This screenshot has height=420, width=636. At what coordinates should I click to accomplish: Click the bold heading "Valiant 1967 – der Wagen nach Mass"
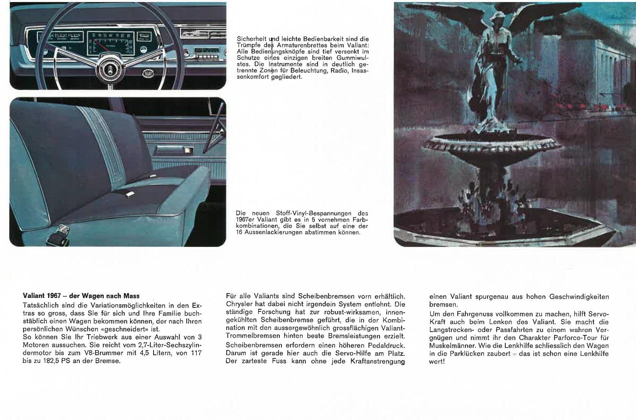click(81, 296)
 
